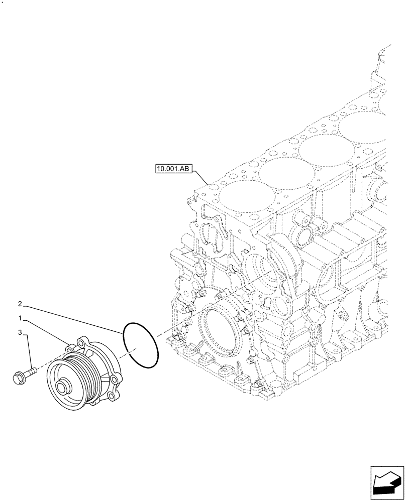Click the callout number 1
point(21,318)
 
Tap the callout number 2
point(20,304)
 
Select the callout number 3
point(21,332)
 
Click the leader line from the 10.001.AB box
point(201,178)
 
